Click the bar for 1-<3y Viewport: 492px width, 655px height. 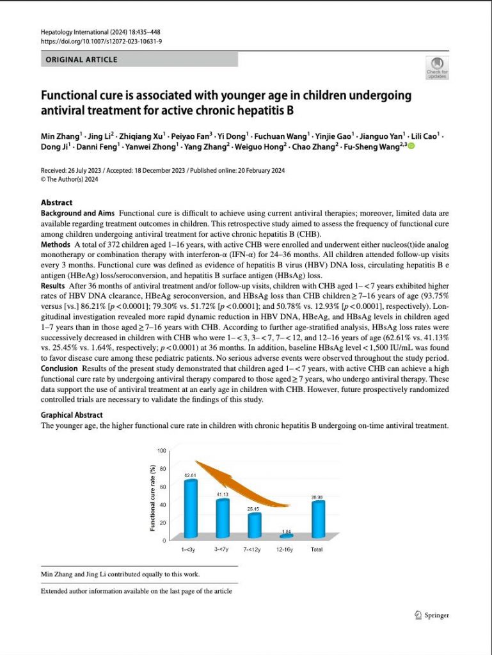(x=191, y=509)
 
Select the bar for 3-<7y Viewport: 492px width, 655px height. (x=223, y=518)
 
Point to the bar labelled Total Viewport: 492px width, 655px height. (x=318, y=519)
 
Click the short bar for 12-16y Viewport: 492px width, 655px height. (x=287, y=535)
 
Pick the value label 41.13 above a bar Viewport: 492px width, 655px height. (x=223, y=494)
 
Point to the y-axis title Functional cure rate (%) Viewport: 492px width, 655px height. (x=152, y=498)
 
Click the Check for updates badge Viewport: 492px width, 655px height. (x=437, y=68)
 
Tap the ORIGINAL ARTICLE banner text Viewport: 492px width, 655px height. (x=81, y=59)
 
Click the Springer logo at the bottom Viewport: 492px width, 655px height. (x=432, y=615)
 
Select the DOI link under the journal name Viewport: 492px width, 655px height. (x=102, y=42)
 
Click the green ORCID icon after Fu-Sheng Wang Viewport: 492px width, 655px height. (x=411, y=146)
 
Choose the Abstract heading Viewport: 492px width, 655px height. (x=56, y=203)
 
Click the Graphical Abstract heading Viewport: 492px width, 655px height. (x=72, y=414)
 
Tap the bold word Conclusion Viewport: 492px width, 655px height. (x=59, y=368)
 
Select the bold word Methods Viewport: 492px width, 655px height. (x=55, y=244)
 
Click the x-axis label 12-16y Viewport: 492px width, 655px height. (x=285, y=549)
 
